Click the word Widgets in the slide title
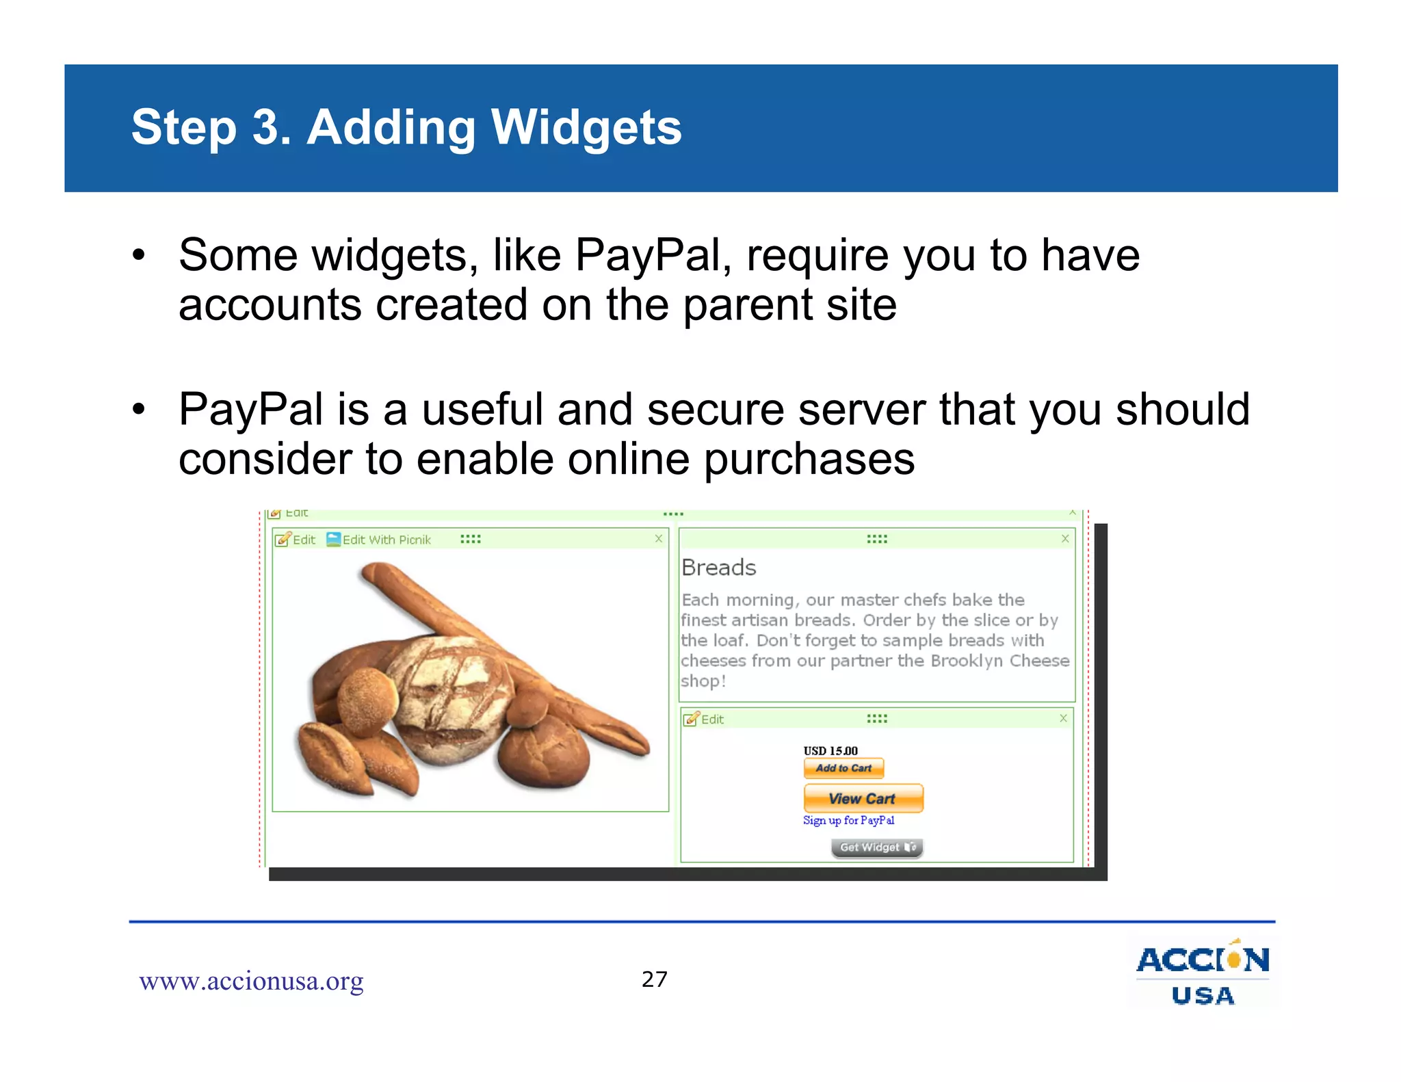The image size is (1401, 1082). click(x=586, y=128)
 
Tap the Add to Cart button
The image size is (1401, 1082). click(x=843, y=768)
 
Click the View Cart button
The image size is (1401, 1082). click(x=863, y=798)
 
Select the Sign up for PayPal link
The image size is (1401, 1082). click(x=848, y=820)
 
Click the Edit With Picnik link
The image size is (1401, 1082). click(x=386, y=540)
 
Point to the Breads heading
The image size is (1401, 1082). click(x=719, y=568)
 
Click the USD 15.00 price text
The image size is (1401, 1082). click(x=830, y=750)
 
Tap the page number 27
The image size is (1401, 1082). click(x=655, y=979)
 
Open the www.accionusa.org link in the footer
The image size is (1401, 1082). click(x=251, y=981)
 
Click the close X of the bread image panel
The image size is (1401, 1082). click(x=659, y=539)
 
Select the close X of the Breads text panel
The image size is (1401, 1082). click(x=1065, y=539)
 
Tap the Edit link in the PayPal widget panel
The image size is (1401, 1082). click(x=711, y=720)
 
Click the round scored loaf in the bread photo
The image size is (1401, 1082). click(x=448, y=698)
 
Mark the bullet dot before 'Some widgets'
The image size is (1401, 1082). click(x=139, y=256)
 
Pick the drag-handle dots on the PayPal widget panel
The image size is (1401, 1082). click(x=877, y=719)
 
